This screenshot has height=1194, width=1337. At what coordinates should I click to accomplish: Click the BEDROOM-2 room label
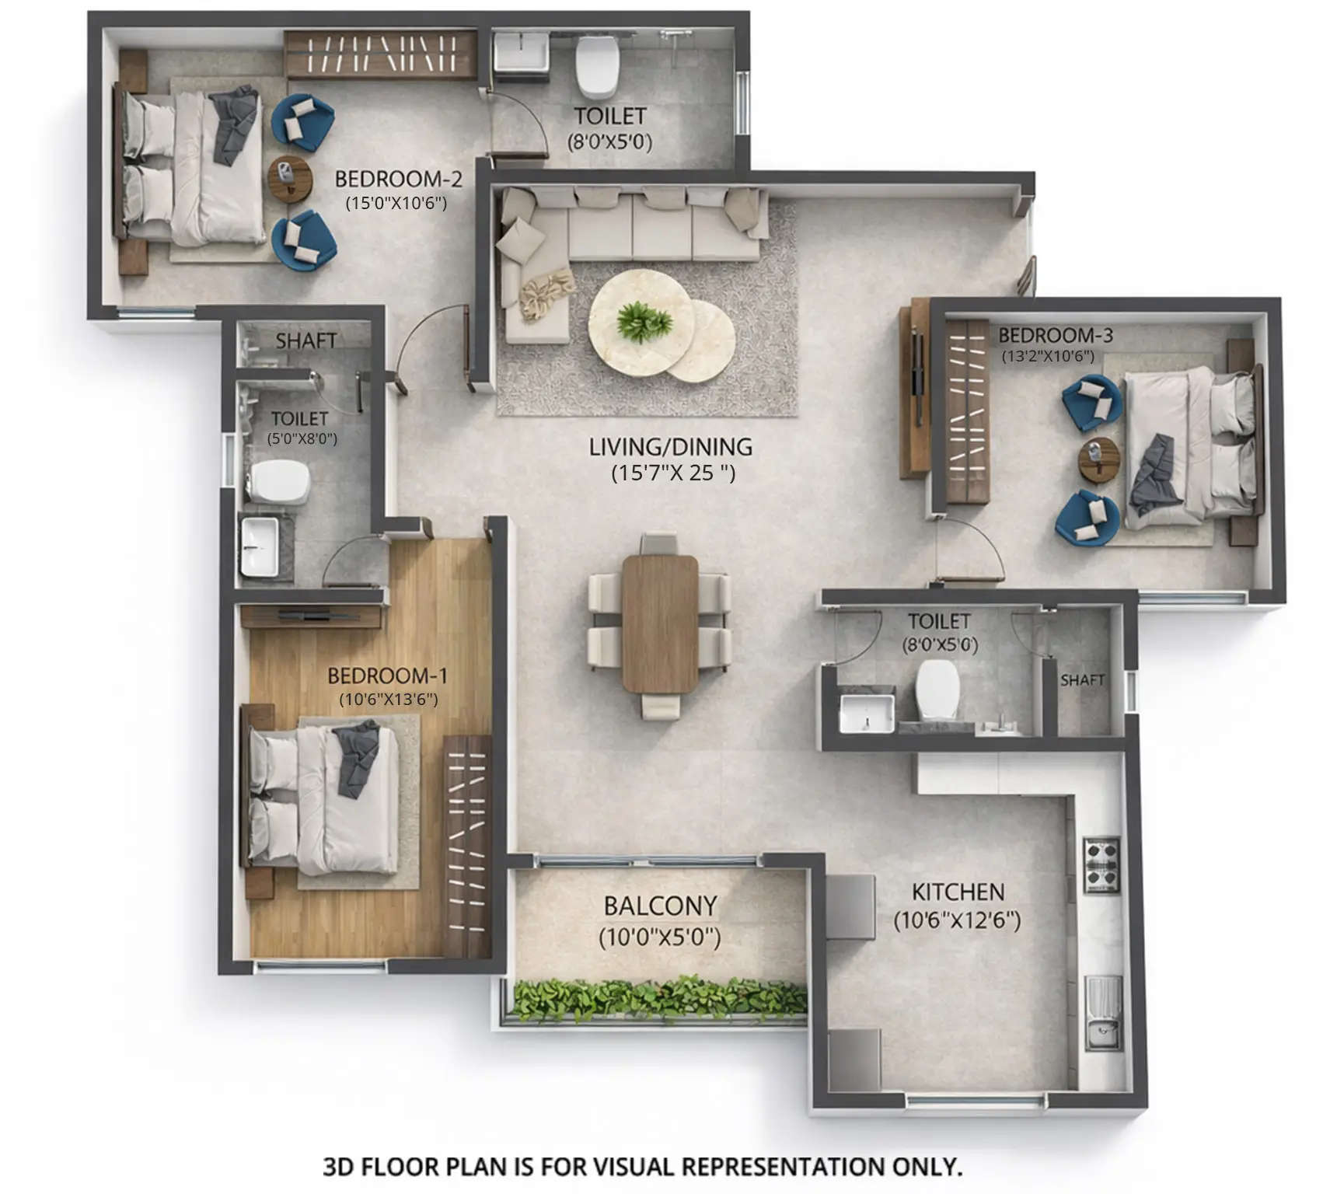coord(398,179)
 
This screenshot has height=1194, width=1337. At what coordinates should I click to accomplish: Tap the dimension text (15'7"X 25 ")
coord(672,473)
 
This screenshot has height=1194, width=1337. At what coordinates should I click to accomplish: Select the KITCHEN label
coord(958,892)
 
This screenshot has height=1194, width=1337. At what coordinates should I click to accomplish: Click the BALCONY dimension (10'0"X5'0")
coord(660,937)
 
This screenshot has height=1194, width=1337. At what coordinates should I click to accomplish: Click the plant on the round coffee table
coord(644,320)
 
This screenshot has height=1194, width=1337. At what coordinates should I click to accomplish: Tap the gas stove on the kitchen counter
coord(1101,864)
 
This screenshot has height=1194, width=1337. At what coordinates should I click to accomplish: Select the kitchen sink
coord(1102,1034)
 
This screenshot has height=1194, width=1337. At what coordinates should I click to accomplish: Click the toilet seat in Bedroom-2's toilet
coord(597,66)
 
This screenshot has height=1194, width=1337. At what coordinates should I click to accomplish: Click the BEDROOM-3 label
coord(1055,335)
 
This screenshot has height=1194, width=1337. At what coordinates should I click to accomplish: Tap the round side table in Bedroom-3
coord(1098,459)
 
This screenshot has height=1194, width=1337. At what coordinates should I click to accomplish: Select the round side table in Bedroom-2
coord(290,179)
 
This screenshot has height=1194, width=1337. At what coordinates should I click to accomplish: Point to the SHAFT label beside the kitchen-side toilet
coord(1082,680)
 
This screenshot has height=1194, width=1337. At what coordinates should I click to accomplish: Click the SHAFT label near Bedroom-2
coord(305,340)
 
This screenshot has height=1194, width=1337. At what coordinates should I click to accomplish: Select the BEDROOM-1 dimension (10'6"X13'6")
coord(388,700)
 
